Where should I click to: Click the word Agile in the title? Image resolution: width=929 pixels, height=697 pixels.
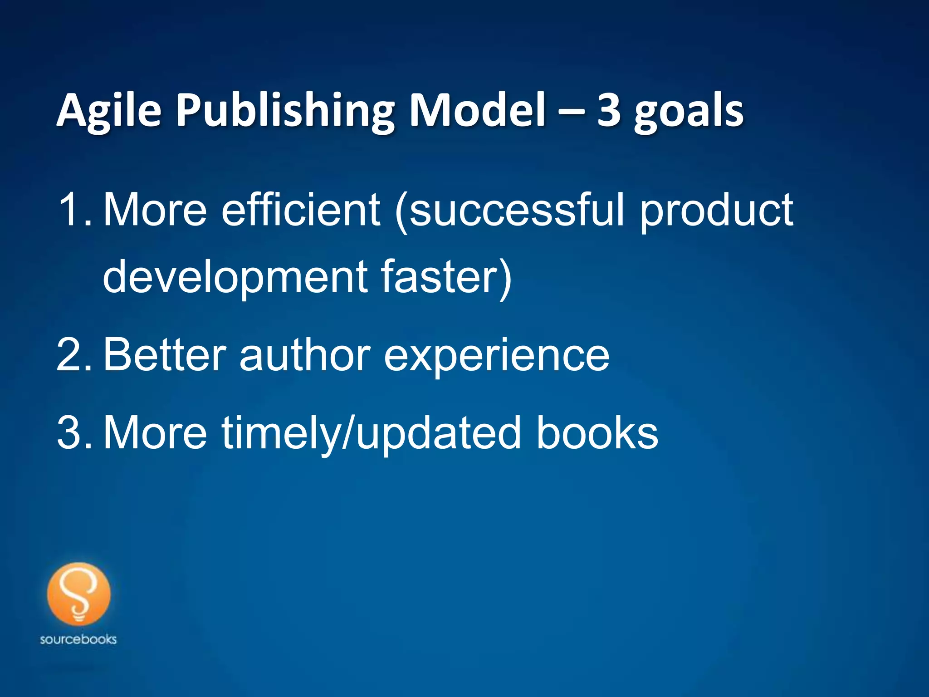109,111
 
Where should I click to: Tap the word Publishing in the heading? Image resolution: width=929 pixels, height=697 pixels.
285,111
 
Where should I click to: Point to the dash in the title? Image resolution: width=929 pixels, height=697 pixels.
571,112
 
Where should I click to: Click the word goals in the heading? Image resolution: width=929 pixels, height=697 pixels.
689,112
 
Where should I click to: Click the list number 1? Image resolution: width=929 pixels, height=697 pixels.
73,210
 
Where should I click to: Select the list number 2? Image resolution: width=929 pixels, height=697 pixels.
73,355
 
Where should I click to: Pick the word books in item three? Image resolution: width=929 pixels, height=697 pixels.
597,433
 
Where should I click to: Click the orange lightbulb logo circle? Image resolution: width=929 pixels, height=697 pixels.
78,594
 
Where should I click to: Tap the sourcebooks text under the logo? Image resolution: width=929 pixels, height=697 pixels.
78,639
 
